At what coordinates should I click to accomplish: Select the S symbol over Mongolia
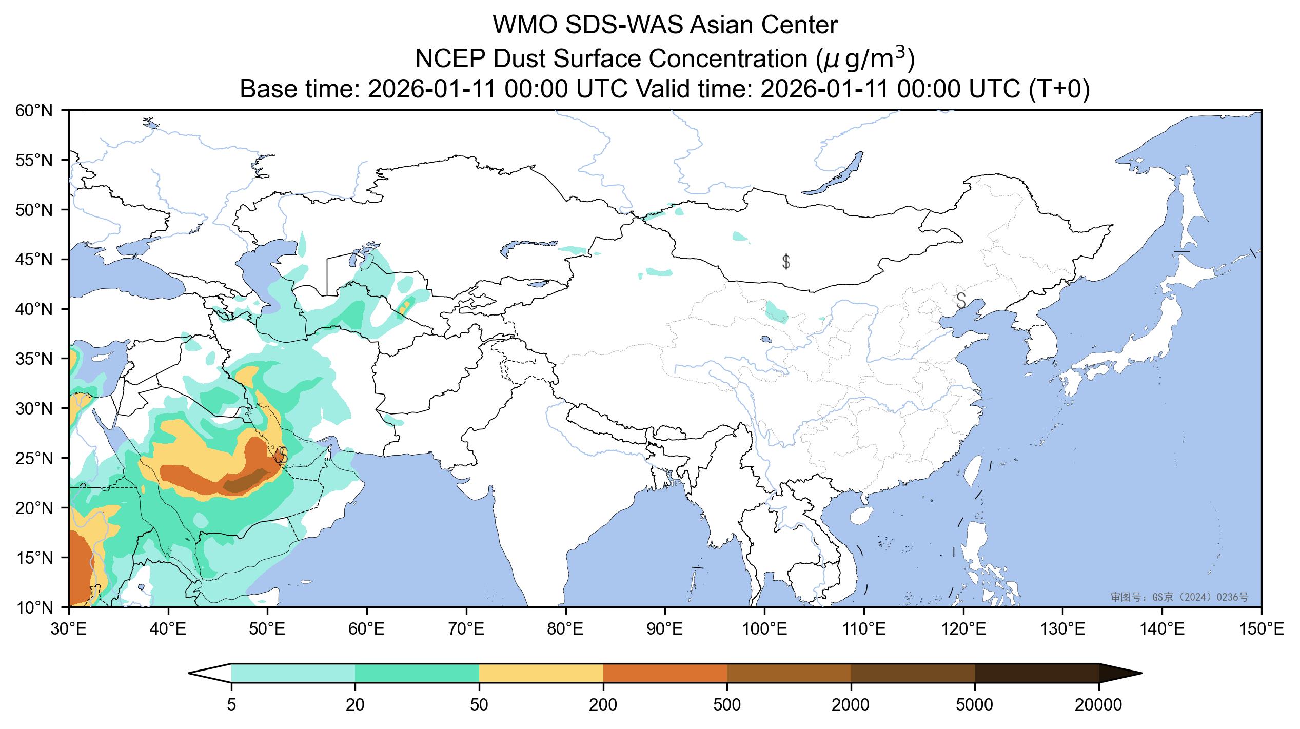[785, 262]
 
